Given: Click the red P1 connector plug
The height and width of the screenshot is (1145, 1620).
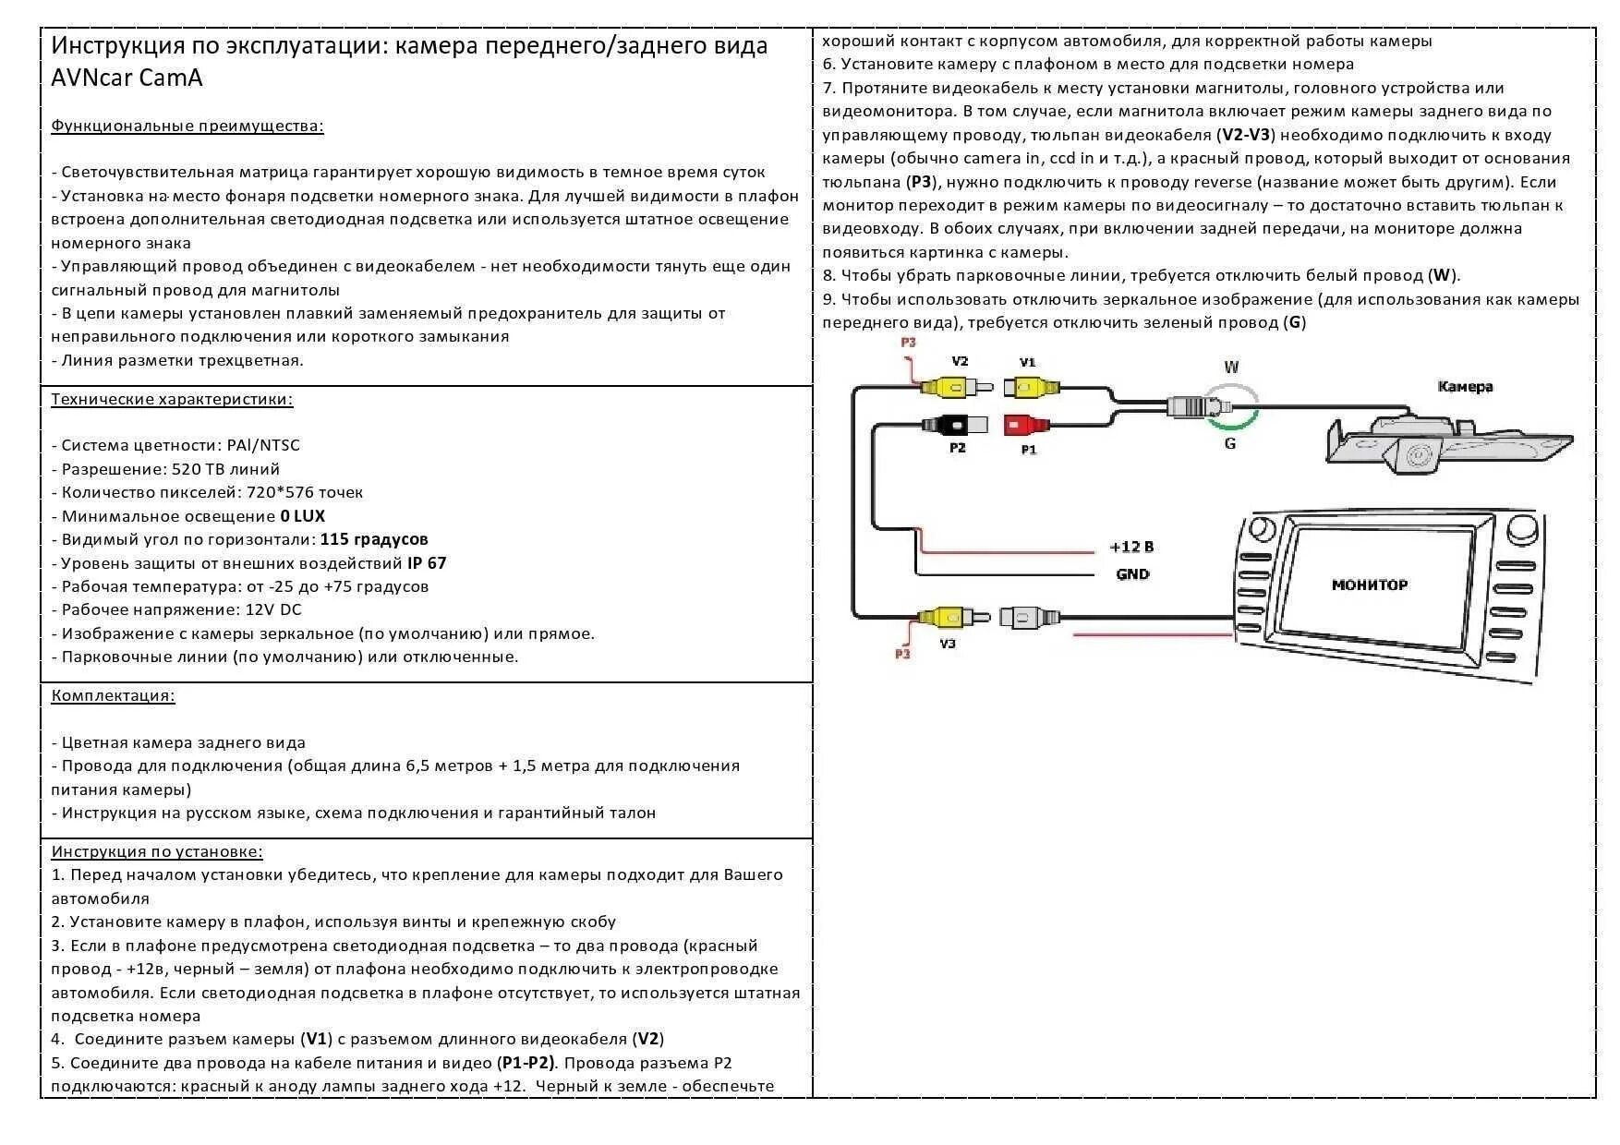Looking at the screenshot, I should [1025, 426].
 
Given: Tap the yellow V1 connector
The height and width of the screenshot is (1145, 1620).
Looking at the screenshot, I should [1030, 386].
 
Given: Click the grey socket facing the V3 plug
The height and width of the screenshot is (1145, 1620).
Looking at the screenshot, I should [1026, 617].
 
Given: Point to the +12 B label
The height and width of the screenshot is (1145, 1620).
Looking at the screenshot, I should [1131, 548].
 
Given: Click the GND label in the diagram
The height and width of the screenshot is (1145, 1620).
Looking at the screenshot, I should [1132, 574].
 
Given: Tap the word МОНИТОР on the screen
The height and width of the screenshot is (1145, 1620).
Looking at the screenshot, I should [1369, 585].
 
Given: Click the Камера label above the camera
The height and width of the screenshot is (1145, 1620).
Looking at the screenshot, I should [1465, 387].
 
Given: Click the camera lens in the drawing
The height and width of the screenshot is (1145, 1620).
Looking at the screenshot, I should [1417, 455].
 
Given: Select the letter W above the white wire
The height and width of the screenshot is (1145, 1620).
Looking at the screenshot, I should [1230, 368].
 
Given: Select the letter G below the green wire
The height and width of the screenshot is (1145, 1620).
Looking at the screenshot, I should [1230, 444].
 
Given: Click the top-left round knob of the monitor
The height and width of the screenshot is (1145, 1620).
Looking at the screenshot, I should [1260, 529].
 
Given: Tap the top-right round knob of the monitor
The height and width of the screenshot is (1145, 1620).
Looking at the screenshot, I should [1519, 530].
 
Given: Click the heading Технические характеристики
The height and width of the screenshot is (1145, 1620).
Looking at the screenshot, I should [172, 400].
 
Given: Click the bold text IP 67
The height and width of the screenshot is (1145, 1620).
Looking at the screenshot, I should [426, 563].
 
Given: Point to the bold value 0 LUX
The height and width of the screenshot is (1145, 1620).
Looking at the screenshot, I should [302, 516].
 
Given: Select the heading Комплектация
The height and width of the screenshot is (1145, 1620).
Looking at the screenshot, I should [113, 696].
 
